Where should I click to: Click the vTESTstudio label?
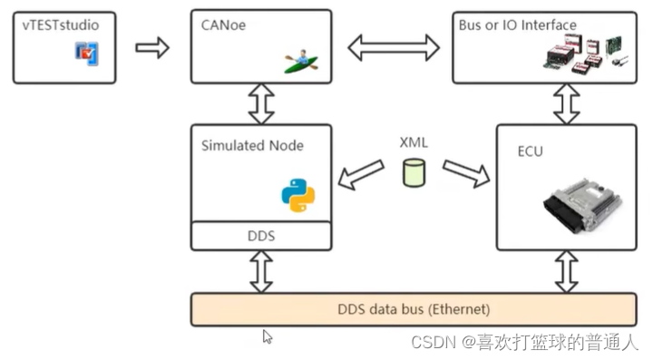click(61, 25)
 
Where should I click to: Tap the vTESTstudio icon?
click(87, 54)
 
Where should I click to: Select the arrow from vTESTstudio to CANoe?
click(152, 47)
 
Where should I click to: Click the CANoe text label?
click(224, 25)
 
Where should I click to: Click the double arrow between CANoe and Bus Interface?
click(393, 47)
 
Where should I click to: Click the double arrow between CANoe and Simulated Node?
click(261, 103)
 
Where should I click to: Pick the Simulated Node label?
click(252, 145)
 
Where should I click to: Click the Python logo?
click(297, 194)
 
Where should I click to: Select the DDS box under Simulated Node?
click(261, 236)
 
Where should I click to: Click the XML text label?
click(414, 142)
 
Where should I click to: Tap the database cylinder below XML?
click(414, 173)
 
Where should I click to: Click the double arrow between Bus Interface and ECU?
click(567, 103)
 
